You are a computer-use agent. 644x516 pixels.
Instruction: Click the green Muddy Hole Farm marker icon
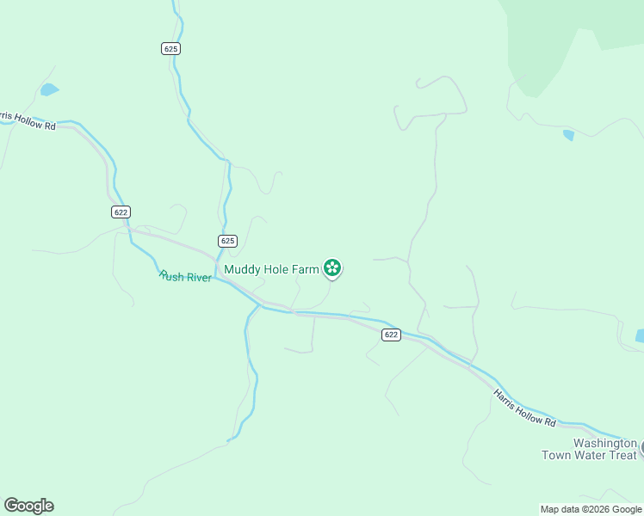[332, 268]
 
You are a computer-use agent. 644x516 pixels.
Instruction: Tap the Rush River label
[186, 277]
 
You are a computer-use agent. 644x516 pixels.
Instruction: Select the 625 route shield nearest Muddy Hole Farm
[227, 241]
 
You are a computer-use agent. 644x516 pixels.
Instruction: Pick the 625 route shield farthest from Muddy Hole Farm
[170, 49]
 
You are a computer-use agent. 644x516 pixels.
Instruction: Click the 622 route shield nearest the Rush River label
[121, 212]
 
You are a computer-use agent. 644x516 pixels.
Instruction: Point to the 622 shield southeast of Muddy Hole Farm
[392, 335]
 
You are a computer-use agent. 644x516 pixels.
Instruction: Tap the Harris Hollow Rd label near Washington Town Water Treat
[524, 408]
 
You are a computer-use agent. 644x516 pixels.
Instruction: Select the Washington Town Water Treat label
[589, 448]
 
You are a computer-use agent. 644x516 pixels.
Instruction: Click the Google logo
[28, 506]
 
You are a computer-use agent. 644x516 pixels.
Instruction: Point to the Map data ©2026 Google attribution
[591, 509]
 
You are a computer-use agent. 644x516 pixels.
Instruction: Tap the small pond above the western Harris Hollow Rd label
[49, 89]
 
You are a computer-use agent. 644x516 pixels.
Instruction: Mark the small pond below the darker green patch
[568, 135]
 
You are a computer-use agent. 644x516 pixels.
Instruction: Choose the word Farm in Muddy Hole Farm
[306, 269]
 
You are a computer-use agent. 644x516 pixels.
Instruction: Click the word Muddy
[242, 269]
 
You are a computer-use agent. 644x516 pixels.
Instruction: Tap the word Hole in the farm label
[276, 269]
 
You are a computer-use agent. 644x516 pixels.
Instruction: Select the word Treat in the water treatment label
[621, 455]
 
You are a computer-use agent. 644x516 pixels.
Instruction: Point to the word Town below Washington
[556, 455]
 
